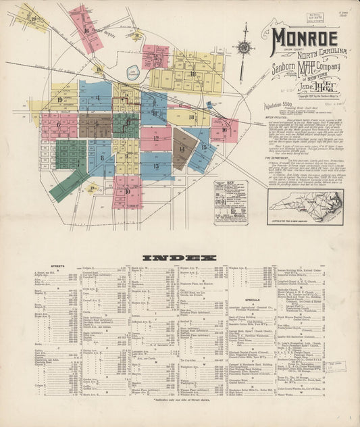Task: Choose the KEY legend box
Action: pyautogui.click(x=230, y=201)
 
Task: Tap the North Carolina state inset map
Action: pyautogui.click(x=305, y=206)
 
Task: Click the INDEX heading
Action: pyautogui.click(x=180, y=257)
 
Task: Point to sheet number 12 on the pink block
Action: pyautogui.click(x=155, y=138)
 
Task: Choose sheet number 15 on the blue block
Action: pyautogui.click(x=203, y=147)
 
